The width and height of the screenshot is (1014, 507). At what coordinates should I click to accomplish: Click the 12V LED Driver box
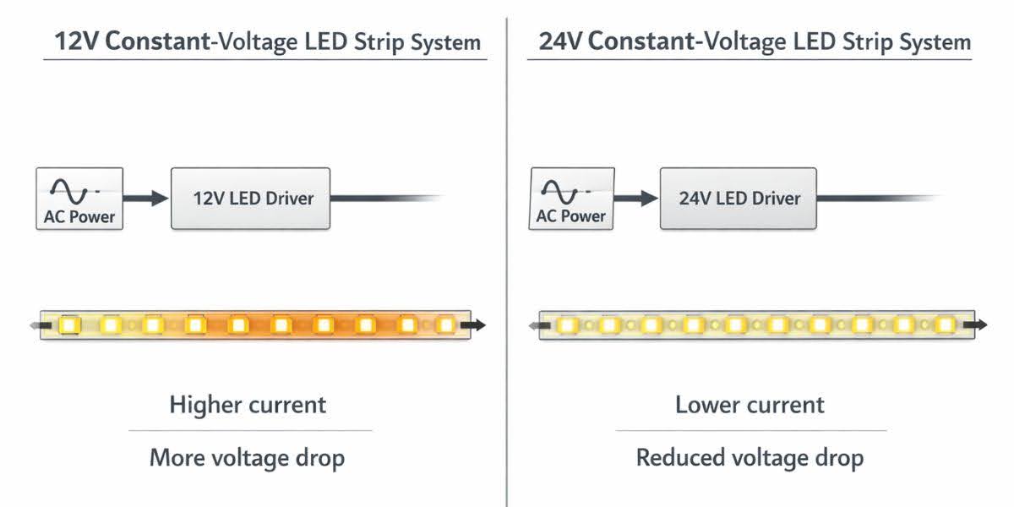coord(251,199)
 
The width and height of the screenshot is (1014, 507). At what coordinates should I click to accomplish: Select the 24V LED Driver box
coord(739,199)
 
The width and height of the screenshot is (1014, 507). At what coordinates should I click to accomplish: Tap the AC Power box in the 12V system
coord(79,199)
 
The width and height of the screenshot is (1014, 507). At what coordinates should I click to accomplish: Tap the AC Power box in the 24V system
coord(571,199)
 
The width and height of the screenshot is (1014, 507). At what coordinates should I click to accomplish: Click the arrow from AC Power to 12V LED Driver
coord(147,199)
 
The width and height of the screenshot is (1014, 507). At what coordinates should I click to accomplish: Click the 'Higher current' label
coord(248,405)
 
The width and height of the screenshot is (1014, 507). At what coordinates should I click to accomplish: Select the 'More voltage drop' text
coord(248,459)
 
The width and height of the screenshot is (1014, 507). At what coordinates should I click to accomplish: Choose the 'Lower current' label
coord(750,405)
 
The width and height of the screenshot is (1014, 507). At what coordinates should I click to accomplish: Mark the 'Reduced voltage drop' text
coord(750,459)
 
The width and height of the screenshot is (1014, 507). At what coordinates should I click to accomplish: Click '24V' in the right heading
coord(561,41)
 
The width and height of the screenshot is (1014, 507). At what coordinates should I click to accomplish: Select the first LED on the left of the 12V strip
coord(68,324)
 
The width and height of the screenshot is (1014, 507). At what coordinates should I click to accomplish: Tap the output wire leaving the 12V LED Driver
coord(380,199)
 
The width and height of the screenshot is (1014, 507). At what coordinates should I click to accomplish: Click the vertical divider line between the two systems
coord(507,253)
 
